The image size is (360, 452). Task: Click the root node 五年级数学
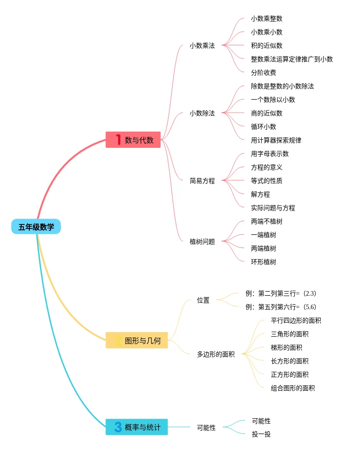[x=36, y=227]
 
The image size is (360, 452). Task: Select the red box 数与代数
[x=133, y=140]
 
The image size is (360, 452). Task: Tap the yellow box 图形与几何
[x=137, y=340]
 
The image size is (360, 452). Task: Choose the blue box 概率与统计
[x=137, y=427]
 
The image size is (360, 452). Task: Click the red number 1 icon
[x=118, y=140]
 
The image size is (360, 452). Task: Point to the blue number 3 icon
[x=118, y=427]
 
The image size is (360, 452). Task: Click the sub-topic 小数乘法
[x=202, y=46]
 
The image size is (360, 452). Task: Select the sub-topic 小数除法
[x=202, y=113]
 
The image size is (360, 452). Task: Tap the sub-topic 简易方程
[x=202, y=181]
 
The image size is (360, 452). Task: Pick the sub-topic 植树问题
[x=202, y=242]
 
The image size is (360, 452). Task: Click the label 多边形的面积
[x=216, y=354]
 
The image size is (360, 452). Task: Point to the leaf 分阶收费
[x=264, y=73]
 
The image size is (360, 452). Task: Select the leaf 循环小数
[x=264, y=127]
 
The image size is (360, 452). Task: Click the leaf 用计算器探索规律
[x=276, y=140]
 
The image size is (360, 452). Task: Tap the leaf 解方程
[x=260, y=194]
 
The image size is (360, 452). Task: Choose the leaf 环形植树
[x=264, y=262]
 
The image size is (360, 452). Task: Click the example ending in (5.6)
[x=281, y=307]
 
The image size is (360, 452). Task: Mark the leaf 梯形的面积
[x=287, y=347]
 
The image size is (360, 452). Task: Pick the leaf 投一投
[x=261, y=434]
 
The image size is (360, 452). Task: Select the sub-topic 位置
[x=203, y=300]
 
